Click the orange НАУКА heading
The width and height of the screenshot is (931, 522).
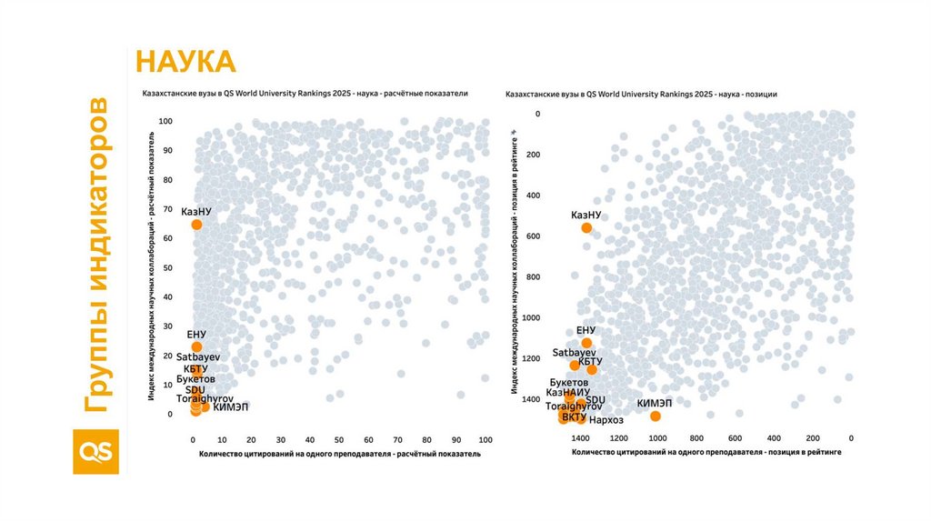[185, 62]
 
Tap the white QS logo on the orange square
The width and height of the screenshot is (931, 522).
[95, 451]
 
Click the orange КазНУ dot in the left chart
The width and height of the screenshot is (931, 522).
[196, 225]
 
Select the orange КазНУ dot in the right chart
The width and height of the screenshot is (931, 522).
[586, 228]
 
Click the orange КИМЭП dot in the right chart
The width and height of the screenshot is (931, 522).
[655, 416]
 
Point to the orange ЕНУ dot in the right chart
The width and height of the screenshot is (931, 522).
[586, 344]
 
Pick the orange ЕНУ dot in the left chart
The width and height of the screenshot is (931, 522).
[196, 346]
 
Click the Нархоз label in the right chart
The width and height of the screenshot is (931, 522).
[606, 419]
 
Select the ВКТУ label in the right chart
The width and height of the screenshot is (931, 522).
[574, 417]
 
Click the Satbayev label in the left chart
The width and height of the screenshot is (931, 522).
[197, 357]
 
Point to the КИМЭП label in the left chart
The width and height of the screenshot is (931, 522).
[230, 407]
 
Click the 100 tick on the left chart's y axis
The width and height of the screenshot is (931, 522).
[165, 121]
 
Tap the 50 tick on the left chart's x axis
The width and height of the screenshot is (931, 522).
[339, 439]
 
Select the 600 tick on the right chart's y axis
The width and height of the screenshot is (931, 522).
[532, 236]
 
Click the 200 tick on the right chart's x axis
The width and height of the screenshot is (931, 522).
[813, 438]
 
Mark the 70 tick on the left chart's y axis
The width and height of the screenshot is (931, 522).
[167, 209]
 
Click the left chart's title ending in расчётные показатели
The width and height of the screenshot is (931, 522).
[304, 94]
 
